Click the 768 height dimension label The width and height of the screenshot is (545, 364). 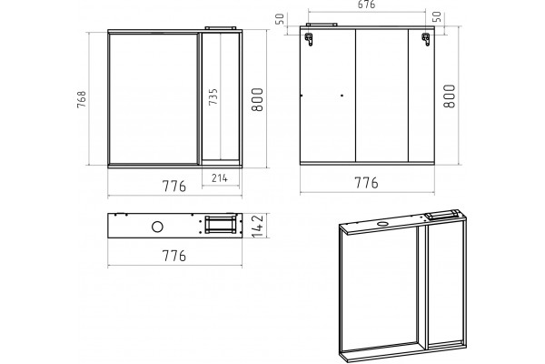click(82, 99)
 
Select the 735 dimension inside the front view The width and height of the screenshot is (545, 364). click(213, 96)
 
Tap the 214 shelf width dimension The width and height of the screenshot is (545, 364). click(220, 178)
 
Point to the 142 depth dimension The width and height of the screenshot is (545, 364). click(258, 226)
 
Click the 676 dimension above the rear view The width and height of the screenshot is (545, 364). click(366, 5)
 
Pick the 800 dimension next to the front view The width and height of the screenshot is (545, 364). click(257, 99)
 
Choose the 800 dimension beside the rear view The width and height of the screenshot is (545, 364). click(450, 96)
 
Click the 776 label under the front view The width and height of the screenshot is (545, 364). click(174, 187)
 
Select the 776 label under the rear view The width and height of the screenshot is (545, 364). click(366, 183)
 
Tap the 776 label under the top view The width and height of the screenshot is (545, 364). click(174, 256)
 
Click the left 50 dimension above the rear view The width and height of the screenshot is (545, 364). click(280, 19)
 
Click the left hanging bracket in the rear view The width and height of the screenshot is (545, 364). click(309, 39)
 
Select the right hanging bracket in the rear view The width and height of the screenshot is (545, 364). click(426, 39)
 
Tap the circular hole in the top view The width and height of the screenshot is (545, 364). click(157, 227)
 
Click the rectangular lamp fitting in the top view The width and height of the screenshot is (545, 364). click(222, 225)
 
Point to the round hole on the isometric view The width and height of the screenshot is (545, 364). click(383, 223)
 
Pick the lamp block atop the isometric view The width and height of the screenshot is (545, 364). click(442, 214)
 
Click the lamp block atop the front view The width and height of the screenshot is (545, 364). click(221, 28)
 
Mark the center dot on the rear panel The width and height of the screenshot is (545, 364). click(342, 95)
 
